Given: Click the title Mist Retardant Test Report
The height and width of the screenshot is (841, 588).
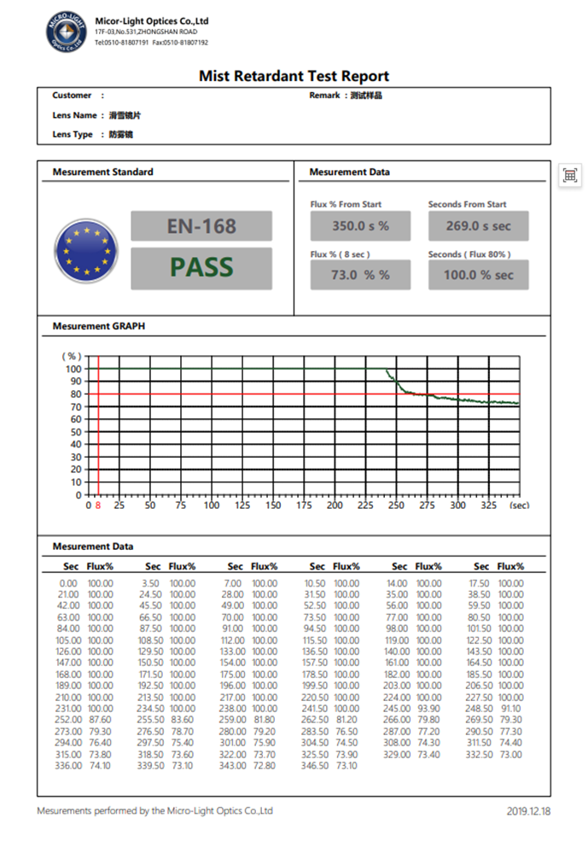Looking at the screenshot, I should click(294, 76).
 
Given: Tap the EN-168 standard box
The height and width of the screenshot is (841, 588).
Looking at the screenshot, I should click(201, 226).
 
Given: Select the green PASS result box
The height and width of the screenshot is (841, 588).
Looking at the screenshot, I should click(201, 267).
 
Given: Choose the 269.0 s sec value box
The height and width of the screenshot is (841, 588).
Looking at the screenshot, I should click(478, 226).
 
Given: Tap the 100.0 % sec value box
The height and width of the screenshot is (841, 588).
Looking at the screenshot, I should click(478, 275).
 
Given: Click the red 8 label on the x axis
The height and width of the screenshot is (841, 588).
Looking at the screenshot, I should click(98, 505).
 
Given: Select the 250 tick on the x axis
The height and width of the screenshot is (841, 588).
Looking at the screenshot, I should click(396, 505).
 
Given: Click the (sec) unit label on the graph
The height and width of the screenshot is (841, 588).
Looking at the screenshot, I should click(519, 505).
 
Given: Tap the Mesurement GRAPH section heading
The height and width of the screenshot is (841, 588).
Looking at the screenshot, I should click(92, 326).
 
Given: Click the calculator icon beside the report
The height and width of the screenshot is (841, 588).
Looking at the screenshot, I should click(570, 176).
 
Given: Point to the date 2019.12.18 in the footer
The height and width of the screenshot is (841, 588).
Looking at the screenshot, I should click(529, 811).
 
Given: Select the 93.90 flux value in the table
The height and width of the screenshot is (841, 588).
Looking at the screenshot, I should click(429, 708).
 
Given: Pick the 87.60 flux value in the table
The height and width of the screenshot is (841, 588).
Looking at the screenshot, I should click(100, 720).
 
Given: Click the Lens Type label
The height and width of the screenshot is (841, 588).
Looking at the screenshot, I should click(73, 134).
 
